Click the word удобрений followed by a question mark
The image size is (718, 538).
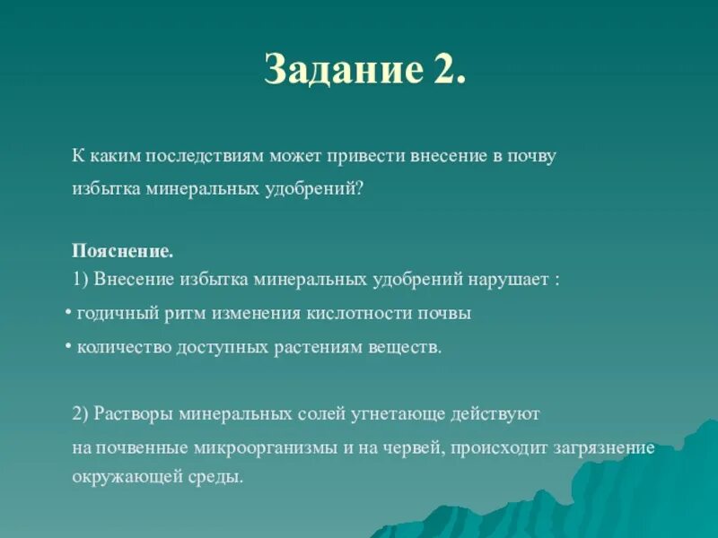pos(319,190)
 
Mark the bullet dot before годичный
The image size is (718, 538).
pos(69,313)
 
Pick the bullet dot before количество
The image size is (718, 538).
pos(69,346)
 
